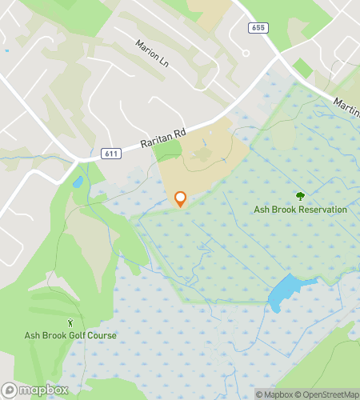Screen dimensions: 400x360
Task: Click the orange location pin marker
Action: pyautogui.click(x=180, y=198)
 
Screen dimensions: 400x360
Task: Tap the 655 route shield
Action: pyautogui.click(x=257, y=28)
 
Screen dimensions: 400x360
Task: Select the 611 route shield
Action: pyautogui.click(x=110, y=153)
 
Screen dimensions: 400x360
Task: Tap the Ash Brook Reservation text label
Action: pyautogui.click(x=300, y=210)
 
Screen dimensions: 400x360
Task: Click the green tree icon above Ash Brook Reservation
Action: pyautogui.click(x=300, y=196)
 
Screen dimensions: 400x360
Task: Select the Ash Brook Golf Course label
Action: pyautogui.click(x=70, y=336)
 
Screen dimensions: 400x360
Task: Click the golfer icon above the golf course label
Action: pyautogui.click(x=70, y=322)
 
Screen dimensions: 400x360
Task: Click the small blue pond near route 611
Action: pyautogui.click(x=77, y=182)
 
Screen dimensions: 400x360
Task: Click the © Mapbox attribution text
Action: pyautogui.click(x=274, y=394)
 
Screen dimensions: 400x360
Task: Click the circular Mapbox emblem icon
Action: pyautogui.click(x=9, y=390)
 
